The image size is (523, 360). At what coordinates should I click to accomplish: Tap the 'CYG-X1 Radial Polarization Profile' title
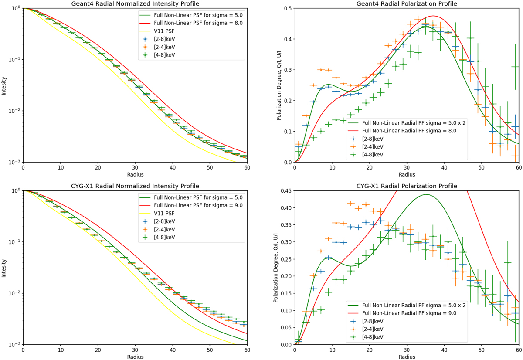[407, 186]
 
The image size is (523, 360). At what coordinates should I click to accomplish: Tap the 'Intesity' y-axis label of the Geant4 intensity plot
[3, 85]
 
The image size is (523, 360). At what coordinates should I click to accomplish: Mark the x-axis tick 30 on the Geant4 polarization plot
[407, 167]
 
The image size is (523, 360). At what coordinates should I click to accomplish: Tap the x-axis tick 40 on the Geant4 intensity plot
[172, 167]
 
